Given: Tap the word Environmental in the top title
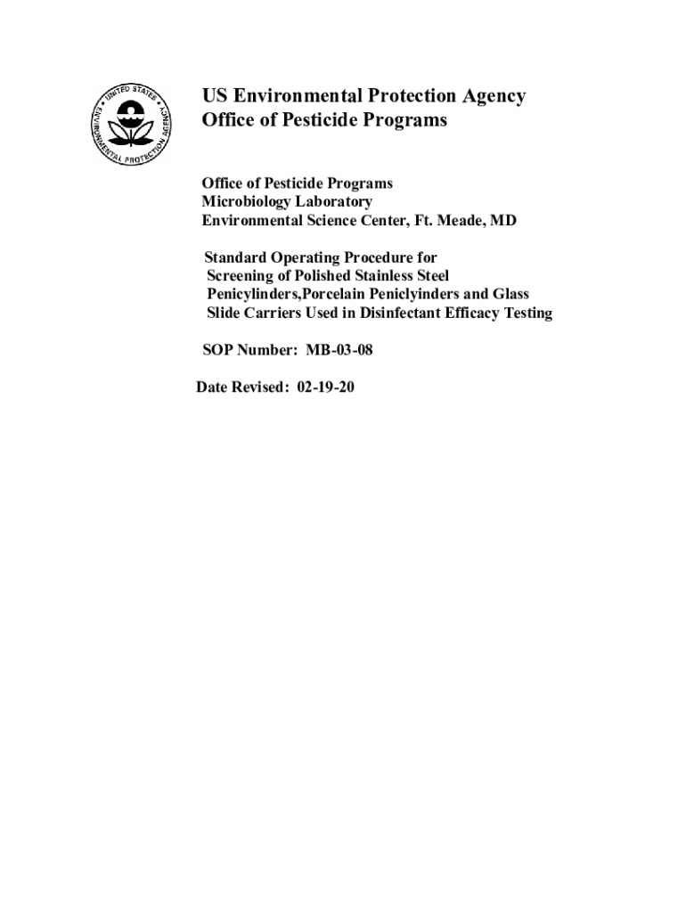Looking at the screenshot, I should (291, 96).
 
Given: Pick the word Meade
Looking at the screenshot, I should (456, 220).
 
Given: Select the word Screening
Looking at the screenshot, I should (240, 276).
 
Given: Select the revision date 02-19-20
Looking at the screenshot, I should (324, 387).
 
